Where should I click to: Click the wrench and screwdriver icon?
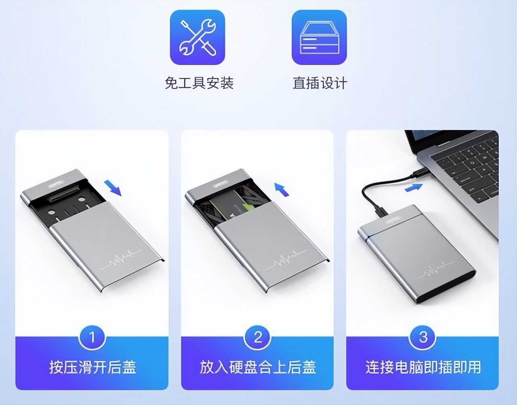coord(197,38)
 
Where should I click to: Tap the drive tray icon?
coord(319,38)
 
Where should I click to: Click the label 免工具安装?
coord(199,83)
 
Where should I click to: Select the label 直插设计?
coord(319,83)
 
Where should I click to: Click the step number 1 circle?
coord(92,337)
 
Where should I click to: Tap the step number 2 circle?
coord(258,337)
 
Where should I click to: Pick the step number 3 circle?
coord(423,337)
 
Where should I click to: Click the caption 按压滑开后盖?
coord(92,367)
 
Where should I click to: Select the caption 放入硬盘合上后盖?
coord(258,367)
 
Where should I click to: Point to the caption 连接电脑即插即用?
coord(423,367)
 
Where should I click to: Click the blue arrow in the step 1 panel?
coord(113,188)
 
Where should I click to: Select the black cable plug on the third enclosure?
coord(382,211)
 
